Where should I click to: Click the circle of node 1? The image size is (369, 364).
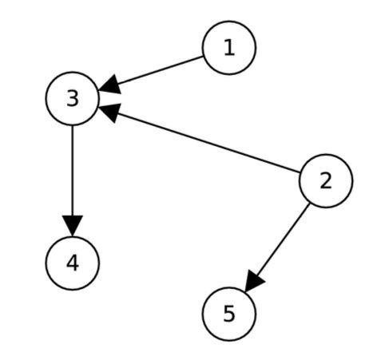coord(229,48)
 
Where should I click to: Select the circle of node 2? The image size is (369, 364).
coord(325,180)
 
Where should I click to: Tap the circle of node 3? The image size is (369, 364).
coord(73,99)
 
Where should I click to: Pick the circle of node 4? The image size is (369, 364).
coord(73,262)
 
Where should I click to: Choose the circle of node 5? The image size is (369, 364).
coord(229,313)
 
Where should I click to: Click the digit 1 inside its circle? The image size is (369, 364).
coord(229,48)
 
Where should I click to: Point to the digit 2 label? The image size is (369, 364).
coord(325,180)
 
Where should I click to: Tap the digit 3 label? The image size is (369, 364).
coord(73,99)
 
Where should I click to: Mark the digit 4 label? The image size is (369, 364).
coord(73,262)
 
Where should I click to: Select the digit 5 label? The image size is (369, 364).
coord(229,313)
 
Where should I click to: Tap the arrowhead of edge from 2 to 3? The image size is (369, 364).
coord(109,113)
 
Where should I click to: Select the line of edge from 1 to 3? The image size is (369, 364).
coord(156,70)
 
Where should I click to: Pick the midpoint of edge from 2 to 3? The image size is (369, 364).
coord(199,141)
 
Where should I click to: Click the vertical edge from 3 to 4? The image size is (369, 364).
coord(73,172)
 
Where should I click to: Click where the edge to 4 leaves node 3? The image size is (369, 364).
coord(73,126)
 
